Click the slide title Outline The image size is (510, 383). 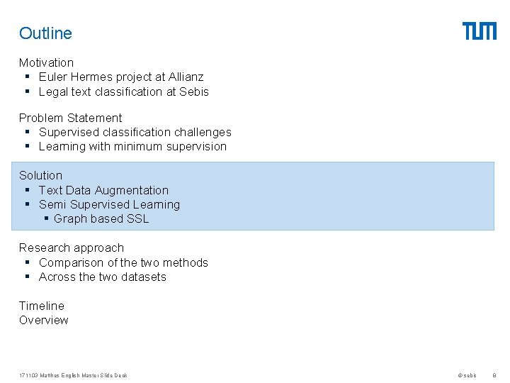(x=45, y=33)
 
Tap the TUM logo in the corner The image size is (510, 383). (x=480, y=31)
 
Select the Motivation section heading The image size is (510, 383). (x=46, y=62)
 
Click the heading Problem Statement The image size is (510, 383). (x=70, y=118)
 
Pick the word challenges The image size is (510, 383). (x=202, y=132)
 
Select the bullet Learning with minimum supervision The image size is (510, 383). (x=132, y=146)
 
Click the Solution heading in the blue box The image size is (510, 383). (x=40, y=175)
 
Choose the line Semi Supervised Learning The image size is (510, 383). (x=109, y=204)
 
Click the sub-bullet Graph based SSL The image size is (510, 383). (x=101, y=218)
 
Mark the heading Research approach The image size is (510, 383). (x=71, y=248)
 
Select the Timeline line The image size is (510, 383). (x=41, y=306)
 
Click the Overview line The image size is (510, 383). (x=43, y=320)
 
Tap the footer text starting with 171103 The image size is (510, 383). (x=73, y=375)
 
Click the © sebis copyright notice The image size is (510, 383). (x=467, y=375)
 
